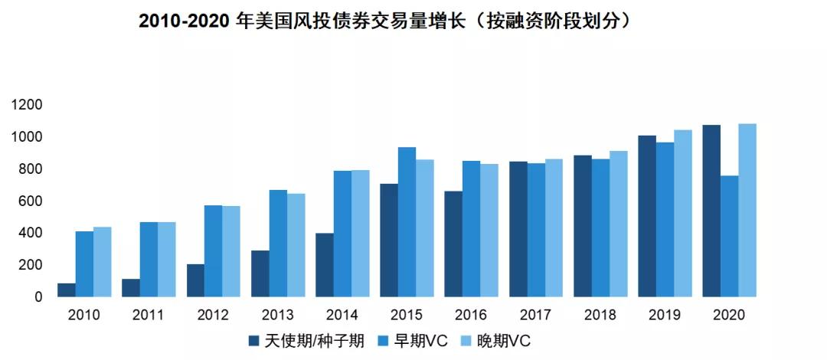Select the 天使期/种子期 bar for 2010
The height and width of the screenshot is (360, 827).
tap(66, 290)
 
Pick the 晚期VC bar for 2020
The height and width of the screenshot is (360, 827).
tap(747, 210)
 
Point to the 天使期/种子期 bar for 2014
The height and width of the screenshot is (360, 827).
tap(325, 264)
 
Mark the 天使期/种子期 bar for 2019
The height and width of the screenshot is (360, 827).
tap(647, 216)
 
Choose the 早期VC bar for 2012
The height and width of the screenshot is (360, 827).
tap(213, 251)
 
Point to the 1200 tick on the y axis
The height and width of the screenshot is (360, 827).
tap(27, 104)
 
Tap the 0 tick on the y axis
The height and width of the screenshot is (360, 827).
tap(38, 296)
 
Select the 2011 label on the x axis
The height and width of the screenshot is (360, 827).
tap(148, 316)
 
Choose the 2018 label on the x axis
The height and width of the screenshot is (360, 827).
tap(600, 316)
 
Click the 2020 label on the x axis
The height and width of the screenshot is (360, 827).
tap(729, 316)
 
